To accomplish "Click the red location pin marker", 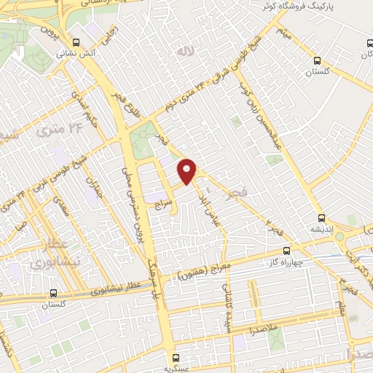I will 188,170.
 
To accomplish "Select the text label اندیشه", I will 322,229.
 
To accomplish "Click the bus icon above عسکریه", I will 176,356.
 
